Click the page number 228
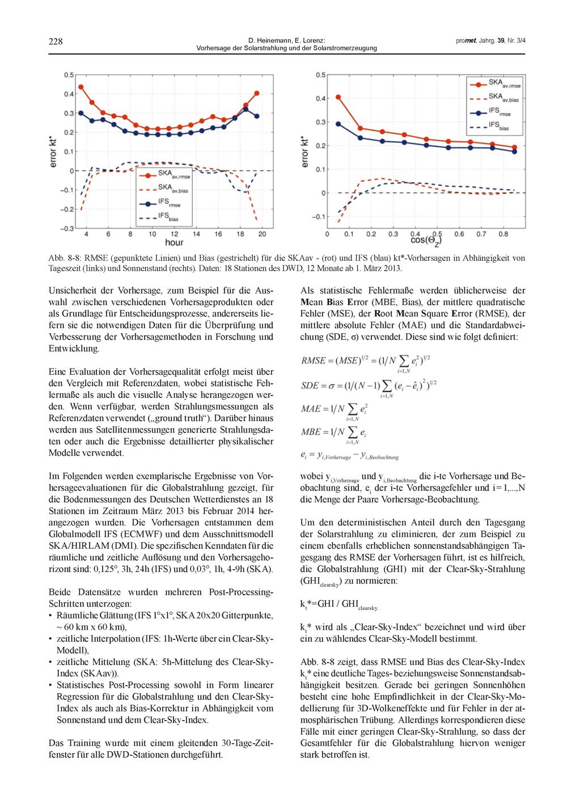coord(56,41)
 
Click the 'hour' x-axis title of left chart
coord(174,242)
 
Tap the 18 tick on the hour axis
coord(240,234)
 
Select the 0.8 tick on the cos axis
coord(503,234)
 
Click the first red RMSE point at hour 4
coord(81,87)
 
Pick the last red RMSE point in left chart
coord(257,93)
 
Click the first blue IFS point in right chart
coord(338,124)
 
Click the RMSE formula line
coord(366,361)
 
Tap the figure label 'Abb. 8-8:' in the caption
coord(62,258)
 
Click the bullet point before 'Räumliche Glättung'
coord(51,616)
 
